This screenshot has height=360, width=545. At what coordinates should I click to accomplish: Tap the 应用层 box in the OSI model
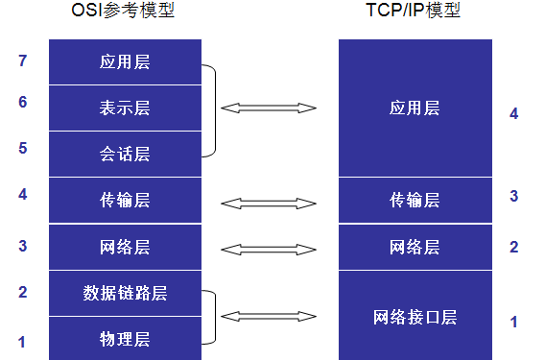pyautogui.click(x=125, y=62)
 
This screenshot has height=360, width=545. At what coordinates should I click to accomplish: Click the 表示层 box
pyautogui.click(x=125, y=108)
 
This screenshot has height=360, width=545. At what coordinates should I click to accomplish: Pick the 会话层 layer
pyautogui.click(x=125, y=155)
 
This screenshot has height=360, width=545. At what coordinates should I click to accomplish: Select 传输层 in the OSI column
pyautogui.click(x=125, y=201)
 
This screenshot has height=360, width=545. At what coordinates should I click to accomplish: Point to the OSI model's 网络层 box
pyautogui.click(x=125, y=248)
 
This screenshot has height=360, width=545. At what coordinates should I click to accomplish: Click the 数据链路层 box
pyautogui.click(x=125, y=294)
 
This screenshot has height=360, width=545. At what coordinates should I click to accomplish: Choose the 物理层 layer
pyautogui.click(x=125, y=339)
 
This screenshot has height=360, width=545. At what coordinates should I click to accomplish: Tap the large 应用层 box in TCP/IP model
pyautogui.click(x=415, y=108)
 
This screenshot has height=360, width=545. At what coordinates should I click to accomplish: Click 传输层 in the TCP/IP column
pyautogui.click(x=415, y=201)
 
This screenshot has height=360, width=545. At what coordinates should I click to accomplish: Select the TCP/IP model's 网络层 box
pyautogui.click(x=415, y=248)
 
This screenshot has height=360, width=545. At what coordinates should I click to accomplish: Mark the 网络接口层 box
pyautogui.click(x=415, y=317)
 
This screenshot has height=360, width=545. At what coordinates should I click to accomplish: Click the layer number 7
pyautogui.click(x=23, y=61)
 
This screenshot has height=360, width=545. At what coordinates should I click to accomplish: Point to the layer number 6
pyautogui.click(x=23, y=102)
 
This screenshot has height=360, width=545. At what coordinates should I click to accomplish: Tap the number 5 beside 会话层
pyautogui.click(x=23, y=148)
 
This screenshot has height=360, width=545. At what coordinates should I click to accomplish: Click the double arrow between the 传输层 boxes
pyautogui.click(x=269, y=203)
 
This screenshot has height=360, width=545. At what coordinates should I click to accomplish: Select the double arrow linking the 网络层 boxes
pyautogui.click(x=269, y=249)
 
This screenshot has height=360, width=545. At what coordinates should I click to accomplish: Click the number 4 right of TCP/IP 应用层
pyautogui.click(x=514, y=113)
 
